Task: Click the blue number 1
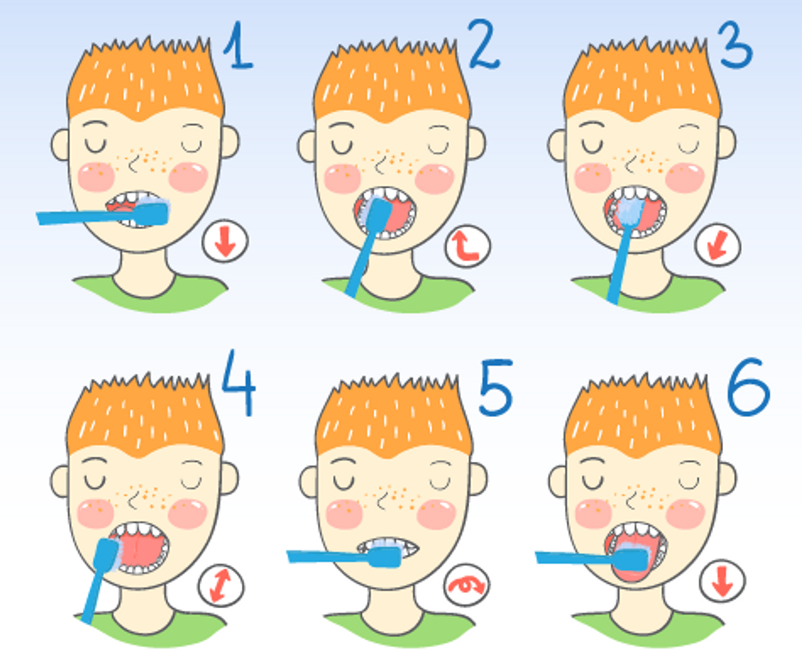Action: tap(239, 45)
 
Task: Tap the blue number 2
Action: tap(484, 45)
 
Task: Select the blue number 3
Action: tap(735, 45)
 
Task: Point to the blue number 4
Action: tap(239, 383)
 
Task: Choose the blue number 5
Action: tap(495, 388)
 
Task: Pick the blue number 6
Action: tap(749, 387)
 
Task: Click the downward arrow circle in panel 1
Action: tap(225, 241)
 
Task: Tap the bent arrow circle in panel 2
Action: tap(467, 247)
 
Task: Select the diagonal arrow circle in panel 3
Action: tap(718, 245)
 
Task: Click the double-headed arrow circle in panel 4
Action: tap(221, 585)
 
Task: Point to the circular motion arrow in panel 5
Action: tap(466, 585)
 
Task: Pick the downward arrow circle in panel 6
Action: tap(722, 581)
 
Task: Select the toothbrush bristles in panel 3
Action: tap(630, 211)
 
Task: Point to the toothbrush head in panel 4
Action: tap(108, 555)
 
